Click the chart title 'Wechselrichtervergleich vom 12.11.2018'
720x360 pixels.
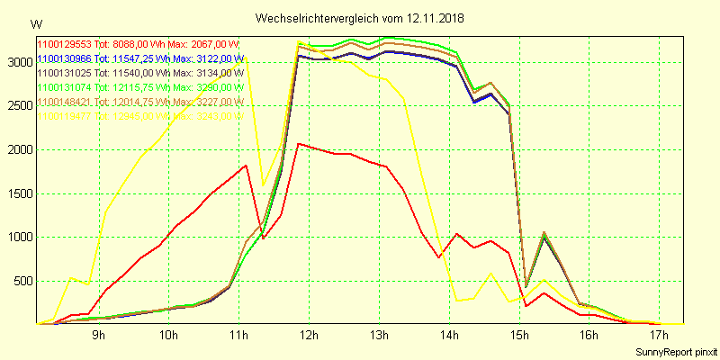[x=360, y=18]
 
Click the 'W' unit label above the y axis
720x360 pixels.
[x=35, y=23]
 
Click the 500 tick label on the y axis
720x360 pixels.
[x=21, y=281]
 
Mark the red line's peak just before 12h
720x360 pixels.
[x=299, y=143]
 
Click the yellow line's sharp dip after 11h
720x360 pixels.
[x=263, y=184]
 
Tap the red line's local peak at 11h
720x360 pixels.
[x=246, y=166]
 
